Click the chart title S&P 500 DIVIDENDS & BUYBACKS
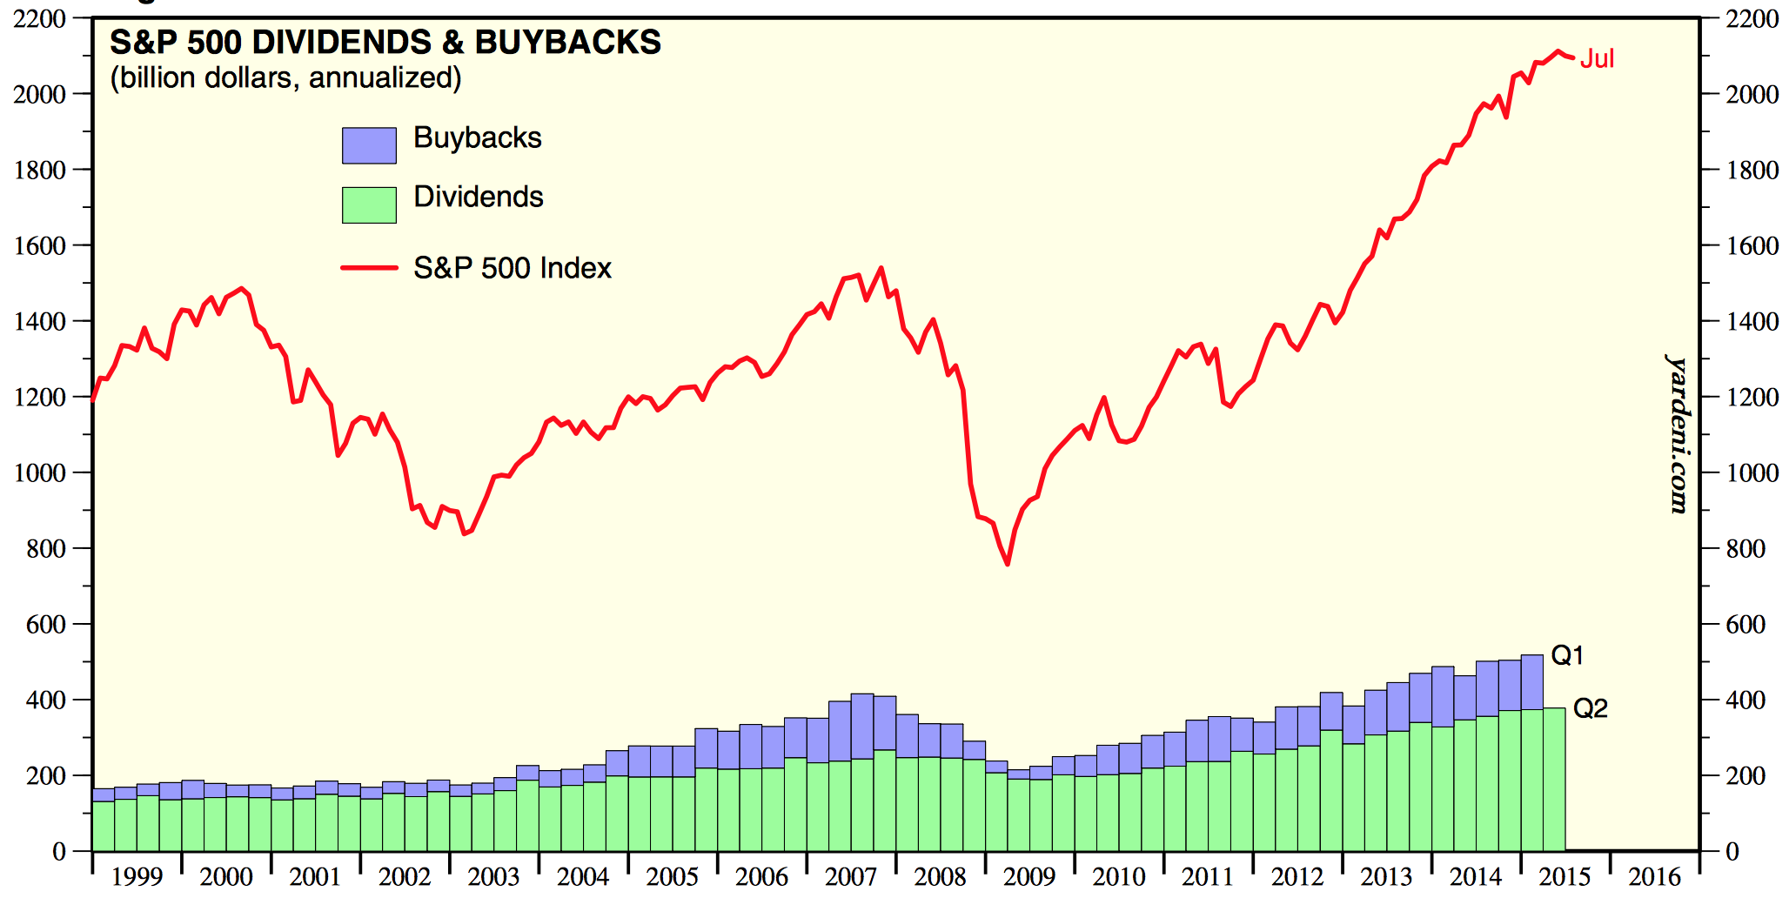(385, 42)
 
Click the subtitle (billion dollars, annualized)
(285, 78)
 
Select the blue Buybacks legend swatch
(369, 145)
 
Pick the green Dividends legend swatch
(369, 204)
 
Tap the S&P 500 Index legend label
(512, 268)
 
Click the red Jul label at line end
(1597, 59)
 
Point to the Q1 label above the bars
(1567, 655)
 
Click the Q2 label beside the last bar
(1590, 708)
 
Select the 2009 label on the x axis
(1029, 876)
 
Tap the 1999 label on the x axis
(137, 876)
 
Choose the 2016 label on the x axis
(1653, 876)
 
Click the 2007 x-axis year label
(850, 876)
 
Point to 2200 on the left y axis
(39, 19)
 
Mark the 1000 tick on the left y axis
(39, 473)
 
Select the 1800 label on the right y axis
(1752, 171)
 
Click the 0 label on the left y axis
(59, 852)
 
